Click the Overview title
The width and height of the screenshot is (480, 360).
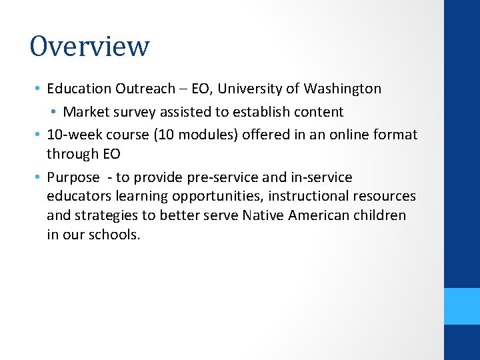[89, 46]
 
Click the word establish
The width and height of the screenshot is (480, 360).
[266, 111]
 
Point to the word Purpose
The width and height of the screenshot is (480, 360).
[73, 177]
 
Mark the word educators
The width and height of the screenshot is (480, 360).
[79, 196]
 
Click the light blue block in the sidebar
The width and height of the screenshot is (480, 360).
[462, 306]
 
